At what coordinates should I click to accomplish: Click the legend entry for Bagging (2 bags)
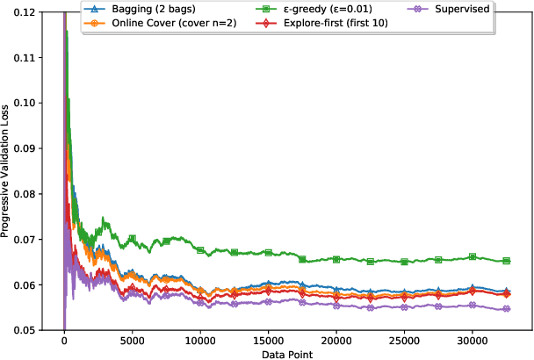pos(145,8)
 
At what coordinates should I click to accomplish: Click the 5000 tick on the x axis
pos(132,341)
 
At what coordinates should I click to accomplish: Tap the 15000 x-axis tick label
pos(268,341)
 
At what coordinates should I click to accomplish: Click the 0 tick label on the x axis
pos(64,341)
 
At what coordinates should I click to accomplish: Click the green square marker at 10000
pos(200,250)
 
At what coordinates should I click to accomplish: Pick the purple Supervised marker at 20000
pos(336,305)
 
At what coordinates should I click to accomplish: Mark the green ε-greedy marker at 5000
pos(132,239)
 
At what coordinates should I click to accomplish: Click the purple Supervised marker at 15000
pos(268,303)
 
